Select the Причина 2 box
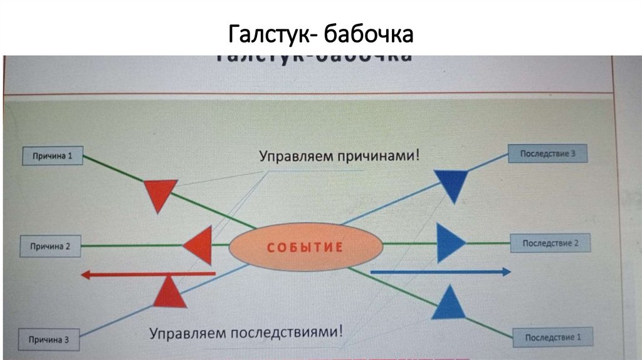coord(51,246)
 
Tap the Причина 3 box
coord(48,339)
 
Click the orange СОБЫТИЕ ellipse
coord(305,246)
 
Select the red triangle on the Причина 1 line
coord(158,193)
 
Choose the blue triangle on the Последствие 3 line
coord(453,184)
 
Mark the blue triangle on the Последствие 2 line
coord(450,243)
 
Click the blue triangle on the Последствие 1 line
coord(450,304)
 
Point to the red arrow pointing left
coord(148,274)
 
